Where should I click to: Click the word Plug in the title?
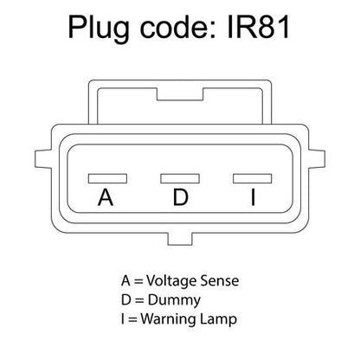pyautogui.click(x=99, y=29)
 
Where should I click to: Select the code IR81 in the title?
pyautogui.click(x=259, y=27)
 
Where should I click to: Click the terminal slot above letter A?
pyautogui.click(x=107, y=178)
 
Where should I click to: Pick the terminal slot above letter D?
pyautogui.click(x=180, y=178)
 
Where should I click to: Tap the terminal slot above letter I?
pyautogui.click(x=253, y=178)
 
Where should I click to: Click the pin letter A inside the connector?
pyautogui.click(x=106, y=197)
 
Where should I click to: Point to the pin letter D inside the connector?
pyautogui.click(x=181, y=197)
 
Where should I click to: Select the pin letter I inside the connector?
pyautogui.click(x=253, y=197)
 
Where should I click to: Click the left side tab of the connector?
pyautogui.click(x=43, y=159)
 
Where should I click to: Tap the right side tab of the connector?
pyautogui.click(x=317, y=159)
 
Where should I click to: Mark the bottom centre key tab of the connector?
pyautogui.click(x=180, y=239)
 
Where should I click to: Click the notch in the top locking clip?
pyautogui.click(x=180, y=94)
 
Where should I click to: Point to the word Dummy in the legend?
pyautogui.click(x=174, y=301)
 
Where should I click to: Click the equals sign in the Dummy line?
pyautogui.click(x=139, y=300)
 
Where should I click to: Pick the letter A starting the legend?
pyautogui.click(x=125, y=281)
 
